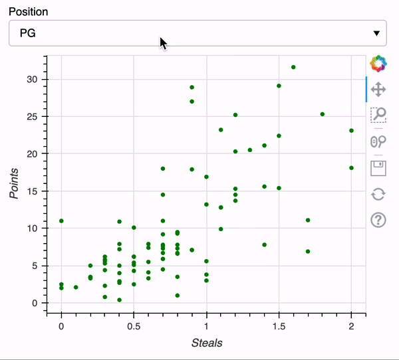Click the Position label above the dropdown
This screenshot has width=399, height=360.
tap(28, 11)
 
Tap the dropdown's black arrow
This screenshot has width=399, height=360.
tap(376, 33)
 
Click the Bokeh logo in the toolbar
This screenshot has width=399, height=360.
tap(378, 64)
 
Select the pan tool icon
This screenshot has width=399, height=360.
tap(378, 89)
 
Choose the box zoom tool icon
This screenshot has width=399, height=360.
tap(378, 115)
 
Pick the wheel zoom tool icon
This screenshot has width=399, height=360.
tap(378, 141)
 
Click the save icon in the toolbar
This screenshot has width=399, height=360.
tap(378, 167)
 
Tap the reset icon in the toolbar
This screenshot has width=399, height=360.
tap(378, 194)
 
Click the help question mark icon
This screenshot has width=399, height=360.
tap(378, 220)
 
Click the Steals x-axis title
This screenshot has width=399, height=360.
tap(206, 343)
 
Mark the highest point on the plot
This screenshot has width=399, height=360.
tap(293, 67)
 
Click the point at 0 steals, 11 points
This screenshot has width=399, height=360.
tap(61, 221)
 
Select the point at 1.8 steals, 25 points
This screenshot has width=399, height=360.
tap(323, 114)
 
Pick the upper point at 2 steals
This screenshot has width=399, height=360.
tap(351, 131)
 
